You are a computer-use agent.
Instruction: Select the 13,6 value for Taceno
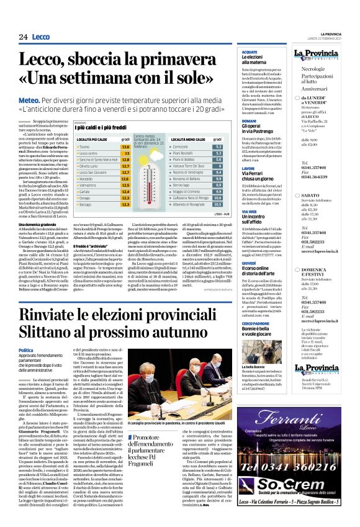[x=125, y=146]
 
